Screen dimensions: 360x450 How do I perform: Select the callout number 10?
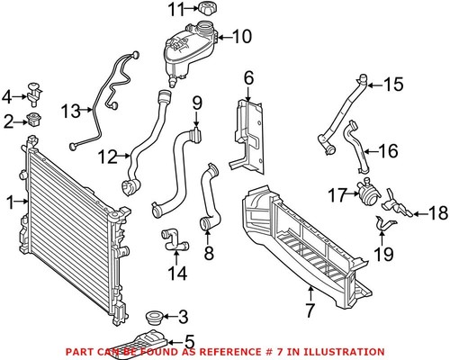coord(242,37)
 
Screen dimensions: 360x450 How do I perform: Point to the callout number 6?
coord(249,78)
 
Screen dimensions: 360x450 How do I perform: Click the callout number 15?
coord(394,85)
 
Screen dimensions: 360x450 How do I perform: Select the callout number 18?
coord(436,213)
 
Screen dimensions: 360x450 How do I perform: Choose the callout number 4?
coord(6,95)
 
